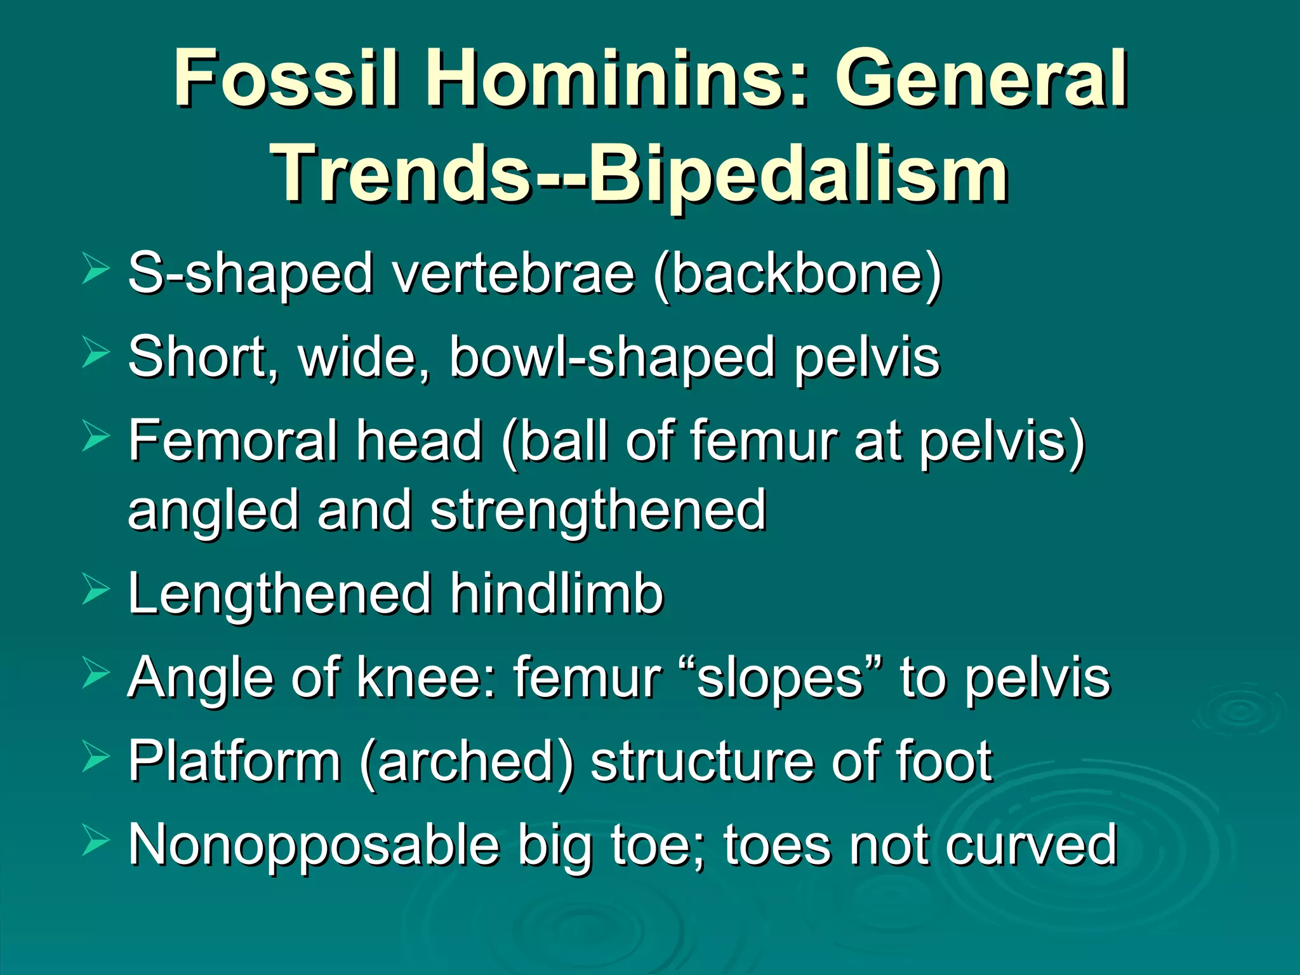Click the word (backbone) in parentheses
click(797, 274)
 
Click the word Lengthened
click(279, 594)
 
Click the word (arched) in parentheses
click(467, 762)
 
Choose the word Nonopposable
click(314, 846)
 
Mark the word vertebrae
click(514, 274)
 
